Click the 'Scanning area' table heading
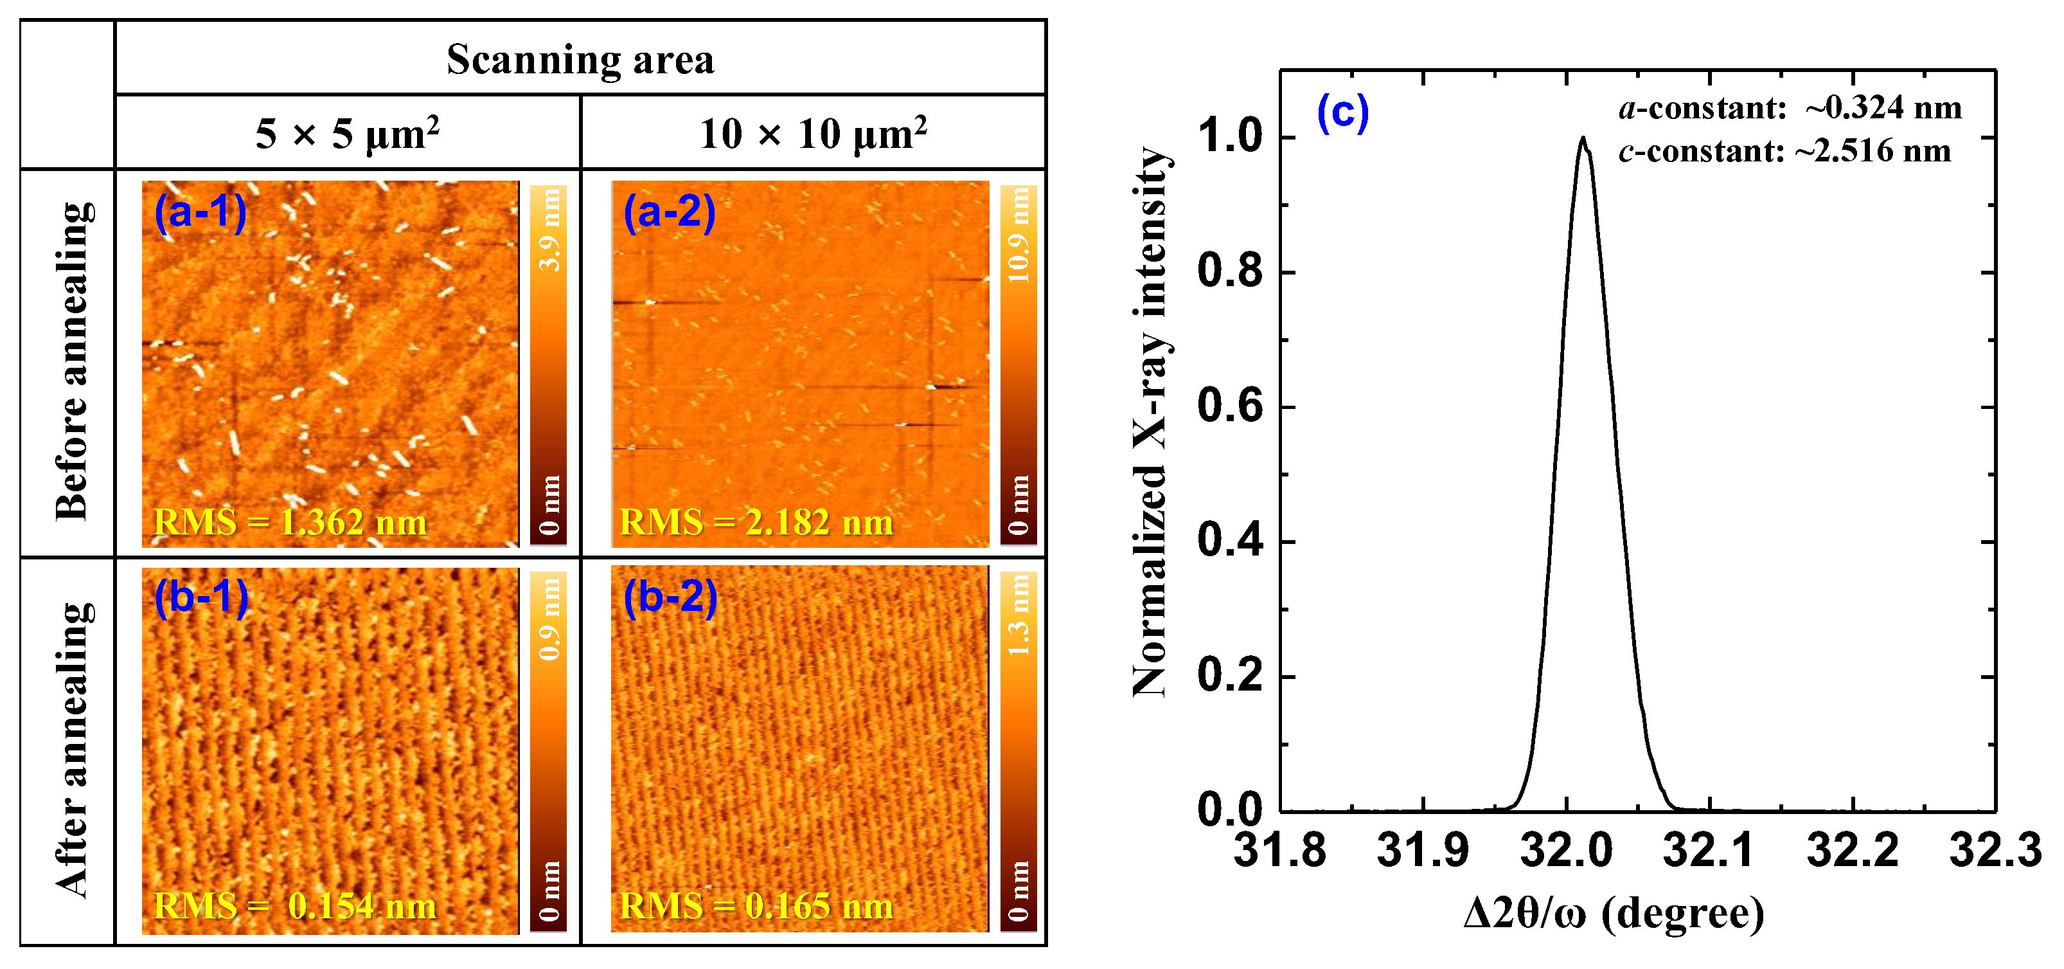[x=580, y=59]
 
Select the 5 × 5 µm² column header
[x=347, y=133]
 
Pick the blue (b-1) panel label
[x=201, y=597]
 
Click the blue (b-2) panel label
[x=670, y=597]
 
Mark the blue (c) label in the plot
[x=1343, y=113]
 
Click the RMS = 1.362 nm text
[x=290, y=523]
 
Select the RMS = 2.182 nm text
[x=756, y=523]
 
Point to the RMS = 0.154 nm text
[x=294, y=907]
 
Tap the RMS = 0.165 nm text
[x=756, y=907]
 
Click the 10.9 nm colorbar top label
[x=1019, y=235]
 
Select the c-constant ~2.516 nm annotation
[x=1784, y=150]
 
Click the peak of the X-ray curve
[x=1583, y=139]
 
